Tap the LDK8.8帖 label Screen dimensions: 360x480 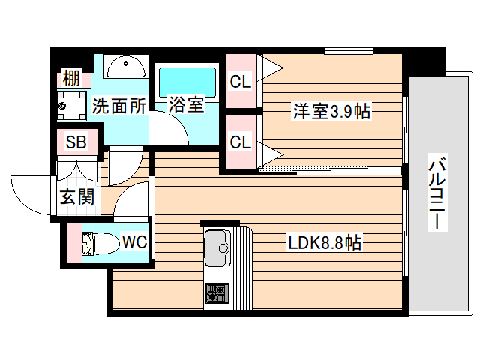click(325, 243)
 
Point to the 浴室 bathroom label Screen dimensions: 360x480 click(185, 104)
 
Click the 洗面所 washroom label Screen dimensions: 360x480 click(119, 106)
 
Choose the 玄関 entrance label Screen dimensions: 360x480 click(76, 198)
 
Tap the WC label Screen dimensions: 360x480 click(134, 242)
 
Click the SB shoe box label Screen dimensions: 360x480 click(76, 142)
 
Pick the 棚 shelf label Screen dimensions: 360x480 click(71, 77)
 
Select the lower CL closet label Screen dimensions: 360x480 click(240, 142)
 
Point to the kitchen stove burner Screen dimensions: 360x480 click(218, 292)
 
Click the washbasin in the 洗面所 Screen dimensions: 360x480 click(125, 67)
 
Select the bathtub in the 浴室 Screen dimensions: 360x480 click(185, 79)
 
